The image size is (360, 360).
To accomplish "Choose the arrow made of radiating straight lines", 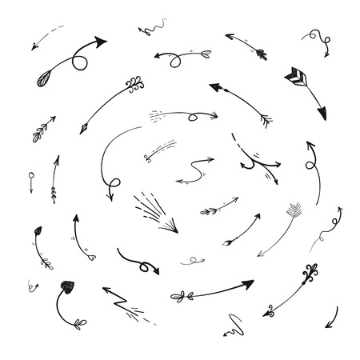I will (x=152, y=212).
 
